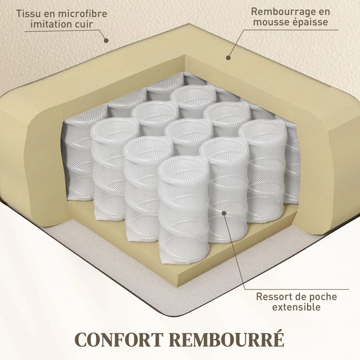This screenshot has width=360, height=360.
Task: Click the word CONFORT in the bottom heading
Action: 119,339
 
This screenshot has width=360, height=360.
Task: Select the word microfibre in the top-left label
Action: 82,14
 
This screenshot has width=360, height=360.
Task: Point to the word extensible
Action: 296,307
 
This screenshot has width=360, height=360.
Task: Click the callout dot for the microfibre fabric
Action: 106,40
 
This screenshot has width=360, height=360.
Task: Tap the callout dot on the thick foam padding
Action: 228,58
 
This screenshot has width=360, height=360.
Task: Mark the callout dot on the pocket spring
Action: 224,213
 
